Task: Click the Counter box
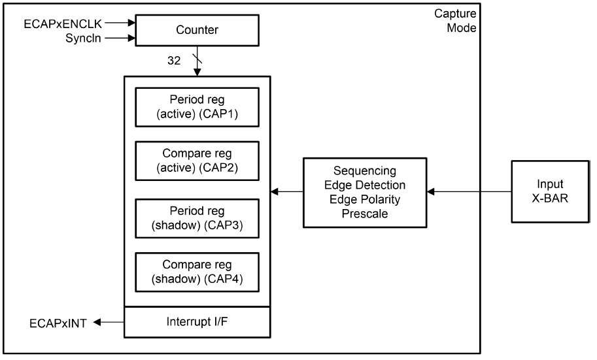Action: [x=196, y=29]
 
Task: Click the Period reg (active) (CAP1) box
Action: [x=197, y=106]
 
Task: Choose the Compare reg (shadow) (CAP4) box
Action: [x=197, y=274]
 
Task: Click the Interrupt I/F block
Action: [x=197, y=321]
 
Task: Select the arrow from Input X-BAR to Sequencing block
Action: [x=469, y=191]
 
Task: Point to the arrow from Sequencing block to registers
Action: [x=287, y=191]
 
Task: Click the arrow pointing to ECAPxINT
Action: [x=108, y=321]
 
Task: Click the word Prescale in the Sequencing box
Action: [x=365, y=212]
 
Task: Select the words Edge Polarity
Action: [x=365, y=199]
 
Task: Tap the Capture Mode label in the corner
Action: [x=456, y=21]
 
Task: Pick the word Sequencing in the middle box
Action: [x=365, y=171]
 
